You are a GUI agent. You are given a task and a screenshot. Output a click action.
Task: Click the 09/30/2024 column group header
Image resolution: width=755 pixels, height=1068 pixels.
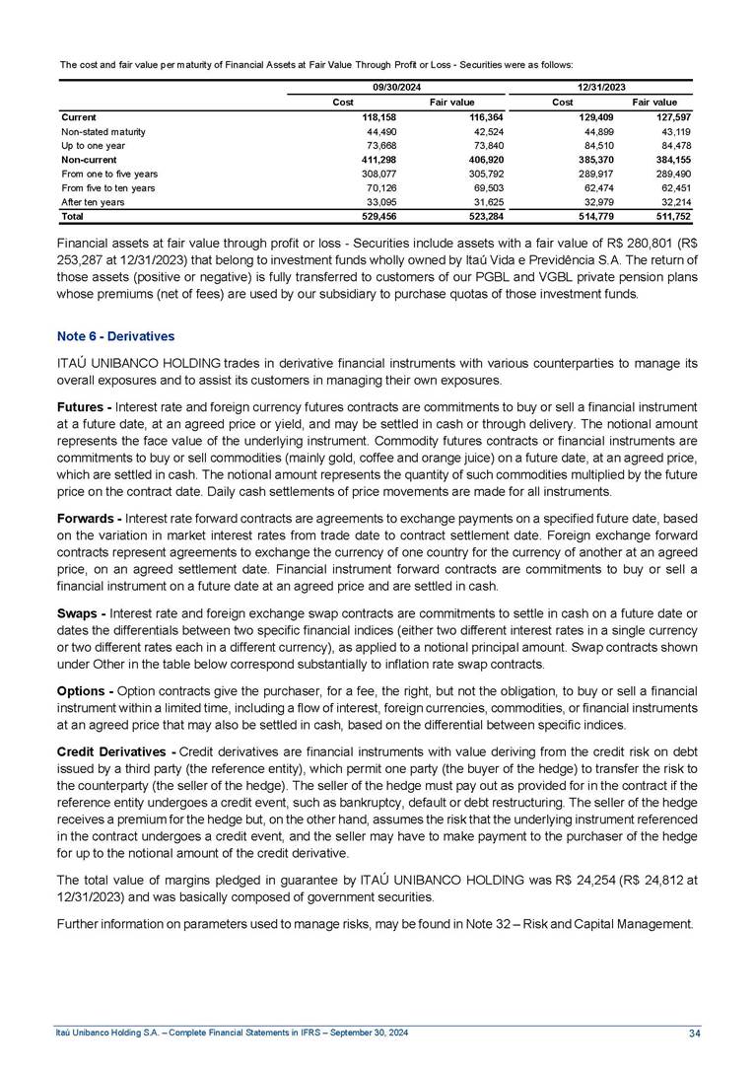coord(396,87)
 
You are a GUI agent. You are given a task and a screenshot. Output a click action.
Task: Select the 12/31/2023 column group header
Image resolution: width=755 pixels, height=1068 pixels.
coord(600,87)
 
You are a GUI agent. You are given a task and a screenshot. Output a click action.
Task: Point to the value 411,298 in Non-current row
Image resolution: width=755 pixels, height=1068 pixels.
coord(376,159)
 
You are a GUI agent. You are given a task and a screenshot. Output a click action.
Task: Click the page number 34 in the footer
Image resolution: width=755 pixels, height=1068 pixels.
coord(695,1032)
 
